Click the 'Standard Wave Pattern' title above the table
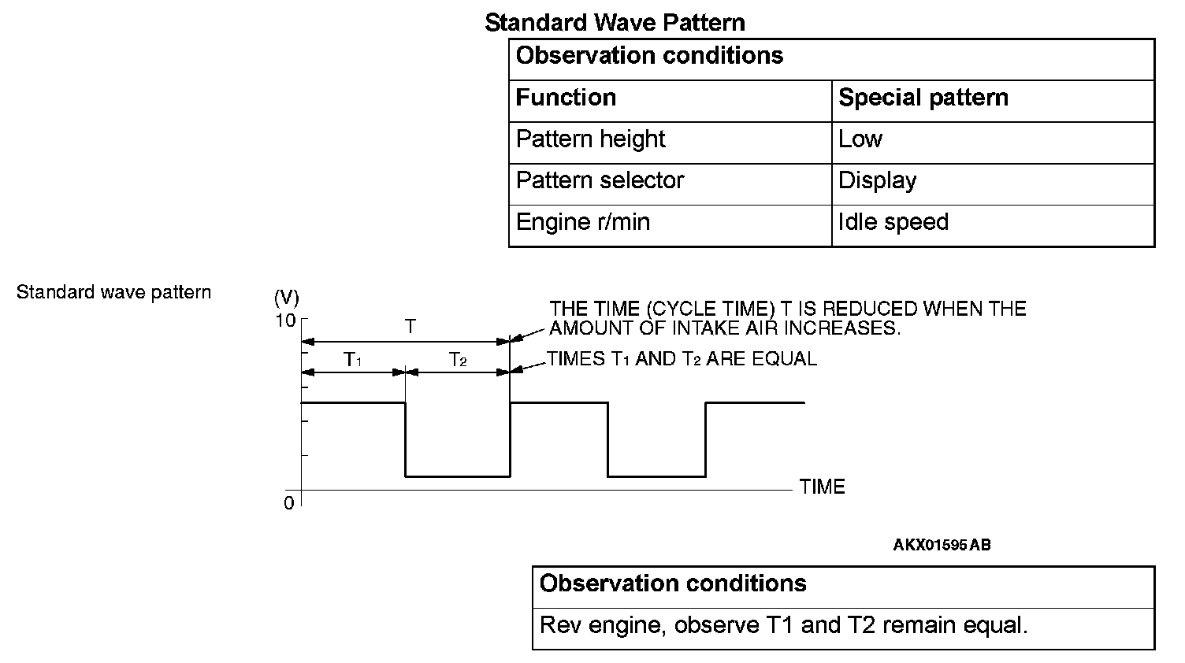615,23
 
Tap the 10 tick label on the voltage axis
285,320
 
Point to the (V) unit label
286,298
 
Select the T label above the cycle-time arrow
410,327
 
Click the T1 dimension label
352,360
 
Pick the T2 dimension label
458,360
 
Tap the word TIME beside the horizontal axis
822,487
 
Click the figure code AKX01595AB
942,545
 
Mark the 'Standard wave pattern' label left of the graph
113,292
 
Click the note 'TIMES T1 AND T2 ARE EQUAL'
682,359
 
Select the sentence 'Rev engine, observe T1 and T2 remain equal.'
783,626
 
